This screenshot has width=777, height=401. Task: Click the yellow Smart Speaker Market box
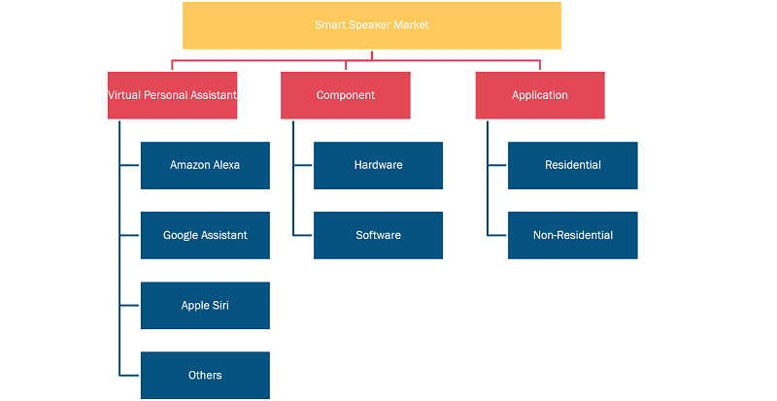coord(372,25)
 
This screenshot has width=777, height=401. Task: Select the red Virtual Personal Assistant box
coord(173,95)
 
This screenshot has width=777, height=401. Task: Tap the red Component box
coord(346,95)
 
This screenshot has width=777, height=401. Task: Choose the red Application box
coord(540,95)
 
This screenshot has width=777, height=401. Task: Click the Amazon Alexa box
coord(205,166)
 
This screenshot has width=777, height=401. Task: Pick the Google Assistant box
coord(205,235)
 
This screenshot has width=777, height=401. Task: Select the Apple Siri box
coord(205,305)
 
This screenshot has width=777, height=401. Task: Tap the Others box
coord(205,375)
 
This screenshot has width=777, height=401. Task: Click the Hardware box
coord(378,166)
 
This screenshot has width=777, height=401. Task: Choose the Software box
coord(378,235)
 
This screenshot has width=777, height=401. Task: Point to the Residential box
coord(573,166)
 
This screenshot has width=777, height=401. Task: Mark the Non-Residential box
coord(573,235)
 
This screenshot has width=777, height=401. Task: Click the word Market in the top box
coord(411,25)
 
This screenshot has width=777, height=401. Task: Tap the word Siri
coord(220,305)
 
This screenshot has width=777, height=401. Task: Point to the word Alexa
coord(226,165)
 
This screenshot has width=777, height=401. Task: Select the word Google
coord(178,235)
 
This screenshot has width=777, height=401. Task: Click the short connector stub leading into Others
coord(130,375)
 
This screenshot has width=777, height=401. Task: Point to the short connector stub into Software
coord(303,235)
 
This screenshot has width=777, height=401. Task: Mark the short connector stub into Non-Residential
coord(497,235)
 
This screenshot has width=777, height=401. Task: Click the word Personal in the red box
coord(163,95)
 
